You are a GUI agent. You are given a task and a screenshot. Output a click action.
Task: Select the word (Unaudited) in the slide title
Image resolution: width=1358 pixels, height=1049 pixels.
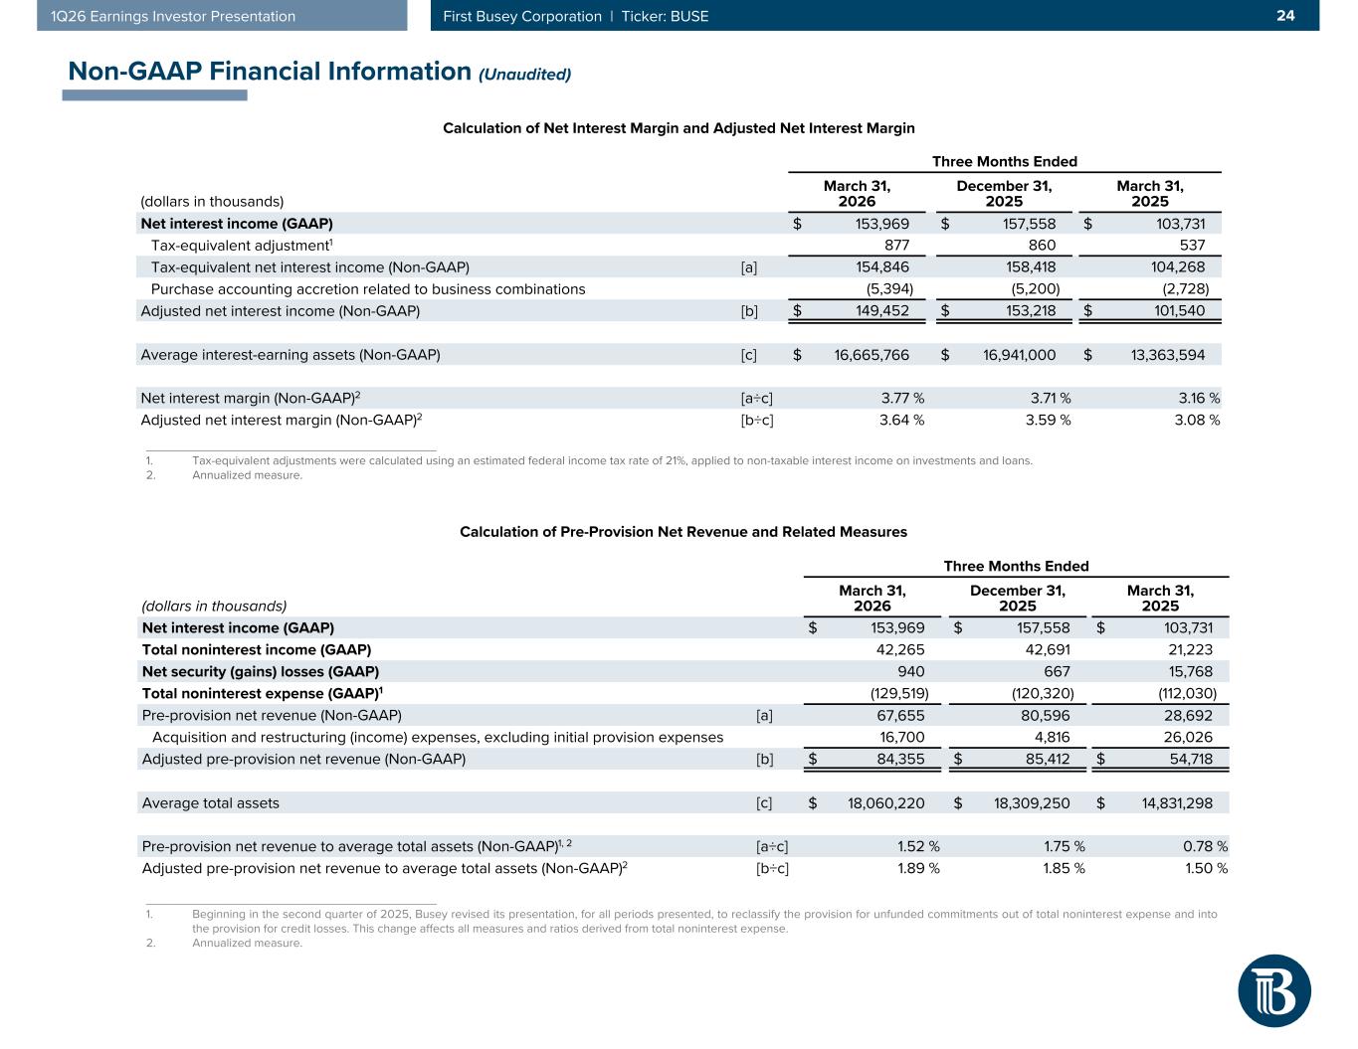click(x=524, y=75)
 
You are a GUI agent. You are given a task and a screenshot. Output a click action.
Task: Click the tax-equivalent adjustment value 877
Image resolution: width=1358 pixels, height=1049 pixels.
click(x=896, y=246)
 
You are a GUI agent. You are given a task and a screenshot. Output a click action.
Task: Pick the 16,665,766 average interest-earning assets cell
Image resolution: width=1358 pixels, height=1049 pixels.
click(x=872, y=355)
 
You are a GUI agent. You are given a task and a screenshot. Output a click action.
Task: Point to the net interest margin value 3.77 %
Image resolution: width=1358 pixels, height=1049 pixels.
click(x=902, y=399)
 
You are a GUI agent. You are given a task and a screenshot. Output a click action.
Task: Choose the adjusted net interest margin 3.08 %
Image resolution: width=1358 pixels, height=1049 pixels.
click(x=1199, y=421)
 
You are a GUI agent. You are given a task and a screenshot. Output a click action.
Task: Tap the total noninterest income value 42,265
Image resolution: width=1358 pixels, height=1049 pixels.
click(x=897, y=650)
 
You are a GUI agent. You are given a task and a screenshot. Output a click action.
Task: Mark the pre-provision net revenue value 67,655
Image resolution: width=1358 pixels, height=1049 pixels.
click(x=897, y=716)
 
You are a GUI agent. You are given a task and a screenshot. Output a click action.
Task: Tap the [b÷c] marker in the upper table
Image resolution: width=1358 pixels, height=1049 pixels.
click(x=757, y=421)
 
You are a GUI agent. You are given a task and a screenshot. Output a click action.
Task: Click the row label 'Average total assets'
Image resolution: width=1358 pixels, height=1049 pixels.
click(x=211, y=803)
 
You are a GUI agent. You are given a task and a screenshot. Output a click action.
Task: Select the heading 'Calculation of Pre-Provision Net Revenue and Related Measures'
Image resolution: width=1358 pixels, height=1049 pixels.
click(x=683, y=532)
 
